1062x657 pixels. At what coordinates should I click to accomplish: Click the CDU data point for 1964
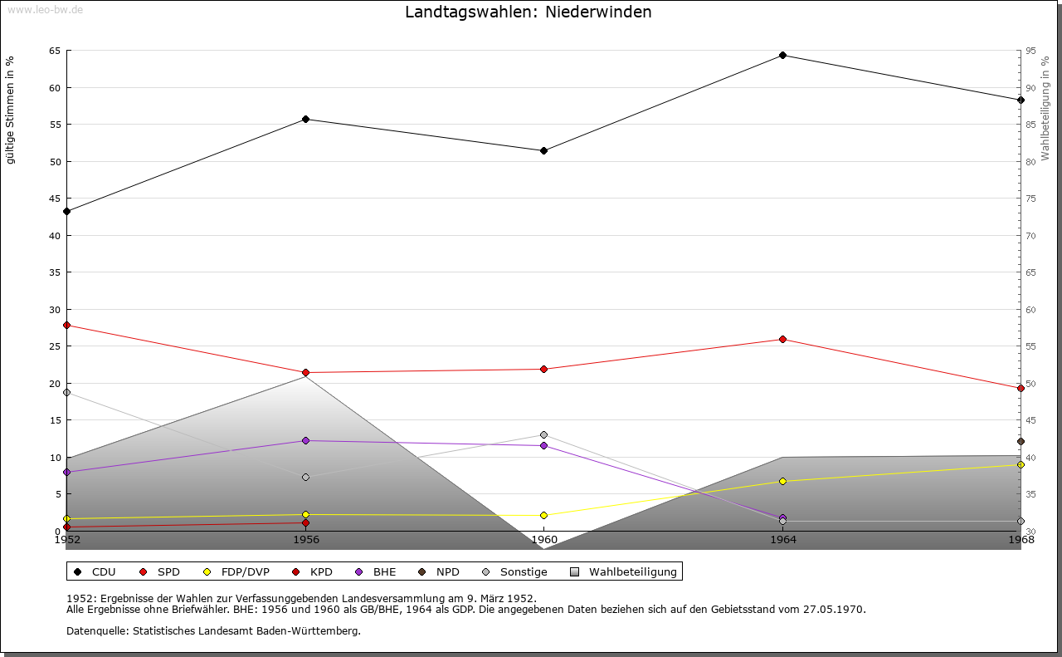782,56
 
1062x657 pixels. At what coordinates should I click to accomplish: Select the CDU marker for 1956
305,119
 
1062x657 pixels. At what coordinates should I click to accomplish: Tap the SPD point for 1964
782,339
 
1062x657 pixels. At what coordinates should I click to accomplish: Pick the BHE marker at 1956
305,440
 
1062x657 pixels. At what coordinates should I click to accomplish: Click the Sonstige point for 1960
543,434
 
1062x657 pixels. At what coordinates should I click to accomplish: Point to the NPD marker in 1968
1021,441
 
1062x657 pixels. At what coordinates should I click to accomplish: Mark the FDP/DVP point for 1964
782,481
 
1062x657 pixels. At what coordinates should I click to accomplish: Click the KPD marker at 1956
305,523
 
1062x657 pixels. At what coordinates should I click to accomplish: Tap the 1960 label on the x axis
543,540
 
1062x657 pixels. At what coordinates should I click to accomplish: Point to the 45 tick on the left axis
54,199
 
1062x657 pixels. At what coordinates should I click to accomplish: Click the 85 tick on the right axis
1030,125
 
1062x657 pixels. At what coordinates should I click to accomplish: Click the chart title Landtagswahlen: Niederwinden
528,12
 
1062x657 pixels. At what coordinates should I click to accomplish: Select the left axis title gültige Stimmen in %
11,110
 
